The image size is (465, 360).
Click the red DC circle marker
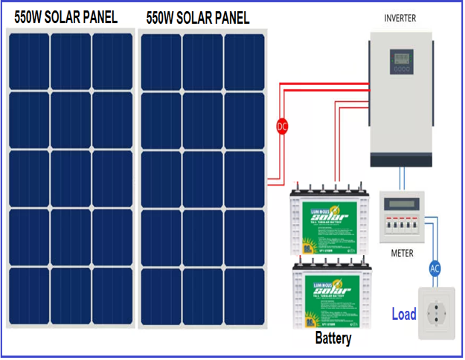(x=282, y=126)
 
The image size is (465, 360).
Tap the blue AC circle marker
(x=436, y=269)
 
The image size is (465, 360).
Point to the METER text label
(x=402, y=253)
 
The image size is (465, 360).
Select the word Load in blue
(x=404, y=314)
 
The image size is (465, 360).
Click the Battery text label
(x=333, y=339)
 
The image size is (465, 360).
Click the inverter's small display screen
(x=403, y=57)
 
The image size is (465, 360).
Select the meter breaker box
(x=402, y=216)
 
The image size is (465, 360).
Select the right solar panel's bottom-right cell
(x=244, y=295)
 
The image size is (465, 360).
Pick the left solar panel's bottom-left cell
(x=29, y=295)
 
